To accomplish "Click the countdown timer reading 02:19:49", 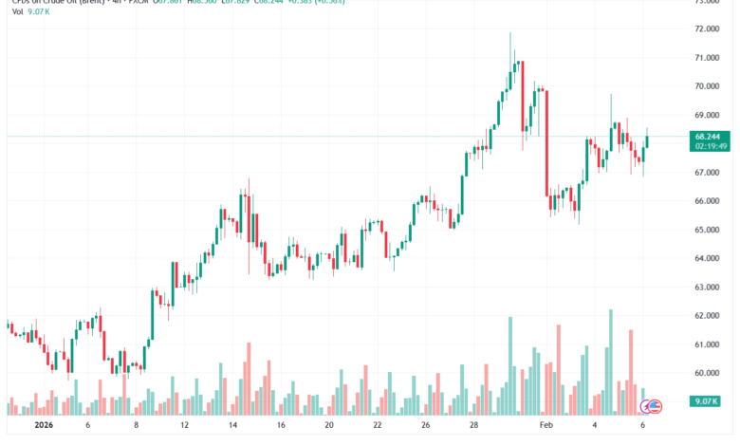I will point(711,147).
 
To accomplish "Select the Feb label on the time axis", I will point(546,426).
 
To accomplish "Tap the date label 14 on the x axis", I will point(232,426).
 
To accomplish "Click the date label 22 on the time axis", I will point(378,426).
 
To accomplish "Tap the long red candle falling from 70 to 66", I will point(547,142).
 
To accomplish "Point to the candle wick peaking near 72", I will point(511,47).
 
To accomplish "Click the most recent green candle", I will point(647,141).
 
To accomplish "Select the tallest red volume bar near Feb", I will point(559,370).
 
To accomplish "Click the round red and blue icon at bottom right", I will point(652,406).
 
